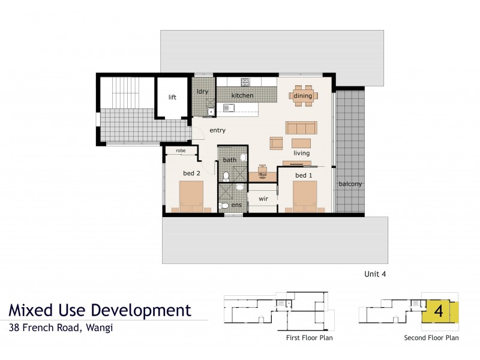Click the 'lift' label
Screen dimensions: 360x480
click(172, 97)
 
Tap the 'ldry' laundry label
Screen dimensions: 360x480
click(202, 91)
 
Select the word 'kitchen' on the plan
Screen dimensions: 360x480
click(242, 95)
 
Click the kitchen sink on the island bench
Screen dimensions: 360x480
click(229, 109)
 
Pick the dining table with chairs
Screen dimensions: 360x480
click(302, 95)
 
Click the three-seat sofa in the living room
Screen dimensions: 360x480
click(301, 128)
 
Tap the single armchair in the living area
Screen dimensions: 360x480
click(277, 143)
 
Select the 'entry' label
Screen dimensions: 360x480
click(217, 130)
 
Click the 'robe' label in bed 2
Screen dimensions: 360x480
click(180, 152)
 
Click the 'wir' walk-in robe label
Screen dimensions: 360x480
click(263, 198)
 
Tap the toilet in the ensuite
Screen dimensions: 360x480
click(224, 205)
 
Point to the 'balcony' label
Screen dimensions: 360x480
click(350, 184)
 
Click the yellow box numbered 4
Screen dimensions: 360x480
click(439, 312)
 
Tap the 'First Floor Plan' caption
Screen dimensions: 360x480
click(309, 338)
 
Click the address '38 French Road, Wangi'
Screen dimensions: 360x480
click(61, 328)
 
